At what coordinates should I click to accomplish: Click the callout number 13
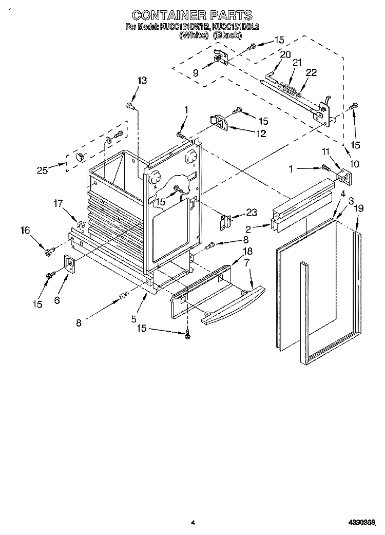coord(142,80)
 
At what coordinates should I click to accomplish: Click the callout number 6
coord(57,299)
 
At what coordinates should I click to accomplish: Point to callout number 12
coord(261,133)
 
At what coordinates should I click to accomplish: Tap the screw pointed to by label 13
coord(130,106)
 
